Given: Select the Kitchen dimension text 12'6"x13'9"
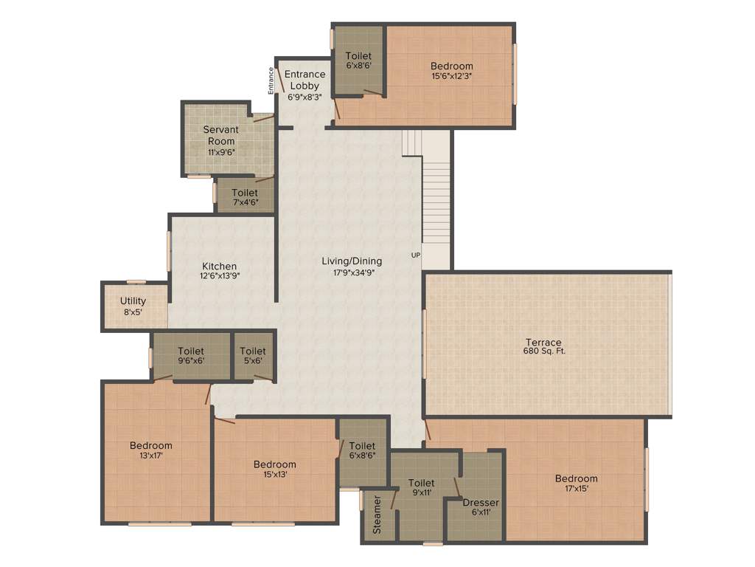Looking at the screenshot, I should (x=220, y=276).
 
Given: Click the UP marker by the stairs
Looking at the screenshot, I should (x=416, y=255).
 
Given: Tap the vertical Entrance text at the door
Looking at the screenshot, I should (x=271, y=80).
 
